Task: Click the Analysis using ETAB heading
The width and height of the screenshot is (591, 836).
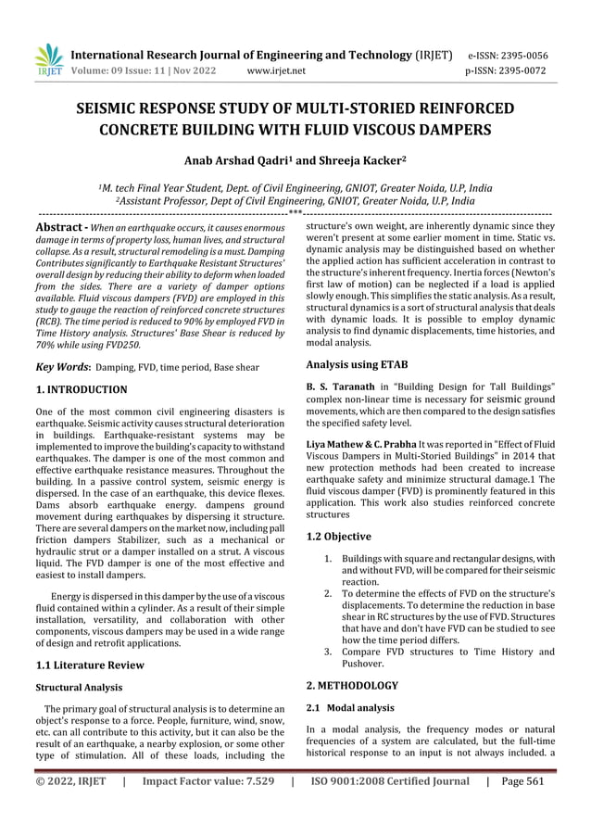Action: tap(357, 364)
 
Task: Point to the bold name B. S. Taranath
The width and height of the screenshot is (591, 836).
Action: tap(346, 386)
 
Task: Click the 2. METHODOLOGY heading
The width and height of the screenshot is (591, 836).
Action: tap(352, 686)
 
